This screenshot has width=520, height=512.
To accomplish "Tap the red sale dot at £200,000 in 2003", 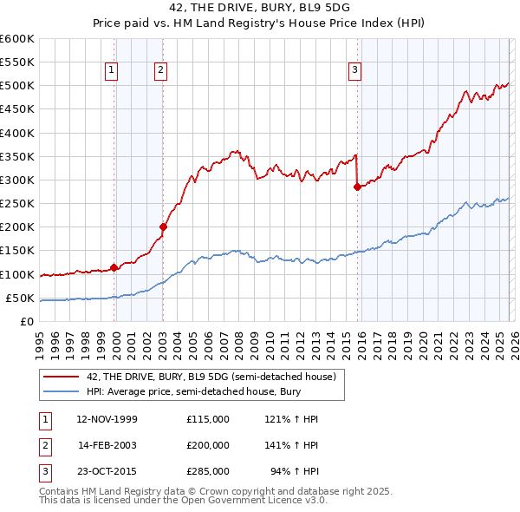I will coord(163,226).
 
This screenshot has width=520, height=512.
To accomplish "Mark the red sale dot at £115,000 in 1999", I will coord(114,267).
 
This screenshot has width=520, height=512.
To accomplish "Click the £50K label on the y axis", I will coord(20,298).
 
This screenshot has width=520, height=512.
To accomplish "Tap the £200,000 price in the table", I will coord(207,444).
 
